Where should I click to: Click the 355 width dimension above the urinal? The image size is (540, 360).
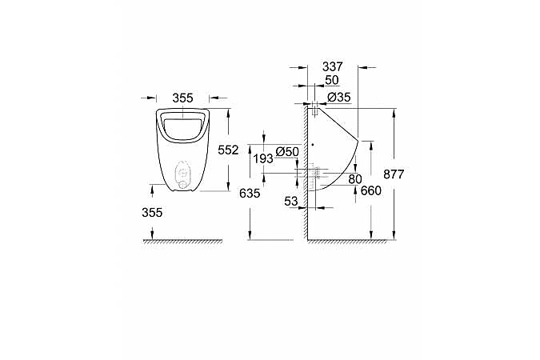pyautogui.click(x=183, y=98)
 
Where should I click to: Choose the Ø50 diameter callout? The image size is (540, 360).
pyautogui.click(x=286, y=151)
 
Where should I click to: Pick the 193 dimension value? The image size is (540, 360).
pyautogui.click(x=262, y=159)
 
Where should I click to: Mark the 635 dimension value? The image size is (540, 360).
pyautogui.click(x=250, y=193)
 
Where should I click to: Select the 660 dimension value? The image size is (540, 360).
pyautogui.click(x=371, y=190)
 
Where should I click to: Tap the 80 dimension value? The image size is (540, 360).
pyautogui.click(x=354, y=178)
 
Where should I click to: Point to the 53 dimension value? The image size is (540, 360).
pyautogui.click(x=292, y=202)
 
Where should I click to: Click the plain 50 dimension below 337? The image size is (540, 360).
pyautogui.click(x=331, y=82)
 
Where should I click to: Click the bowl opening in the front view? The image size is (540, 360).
pyautogui.click(x=183, y=124)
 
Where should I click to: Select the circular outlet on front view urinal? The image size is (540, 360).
pyautogui.click(x=183, y=172)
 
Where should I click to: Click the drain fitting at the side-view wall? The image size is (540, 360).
pyautogui.click(x=318, y=171)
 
